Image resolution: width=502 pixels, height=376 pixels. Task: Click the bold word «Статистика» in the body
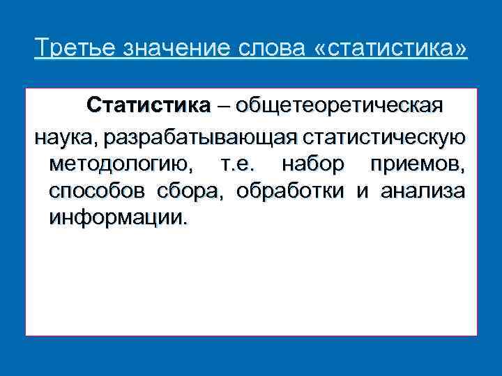click(148, 107)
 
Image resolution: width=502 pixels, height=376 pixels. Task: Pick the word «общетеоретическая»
click(338, 107)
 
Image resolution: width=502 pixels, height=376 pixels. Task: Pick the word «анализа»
click(423, 192)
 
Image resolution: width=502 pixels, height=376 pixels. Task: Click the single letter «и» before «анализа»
click(361, 192)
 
